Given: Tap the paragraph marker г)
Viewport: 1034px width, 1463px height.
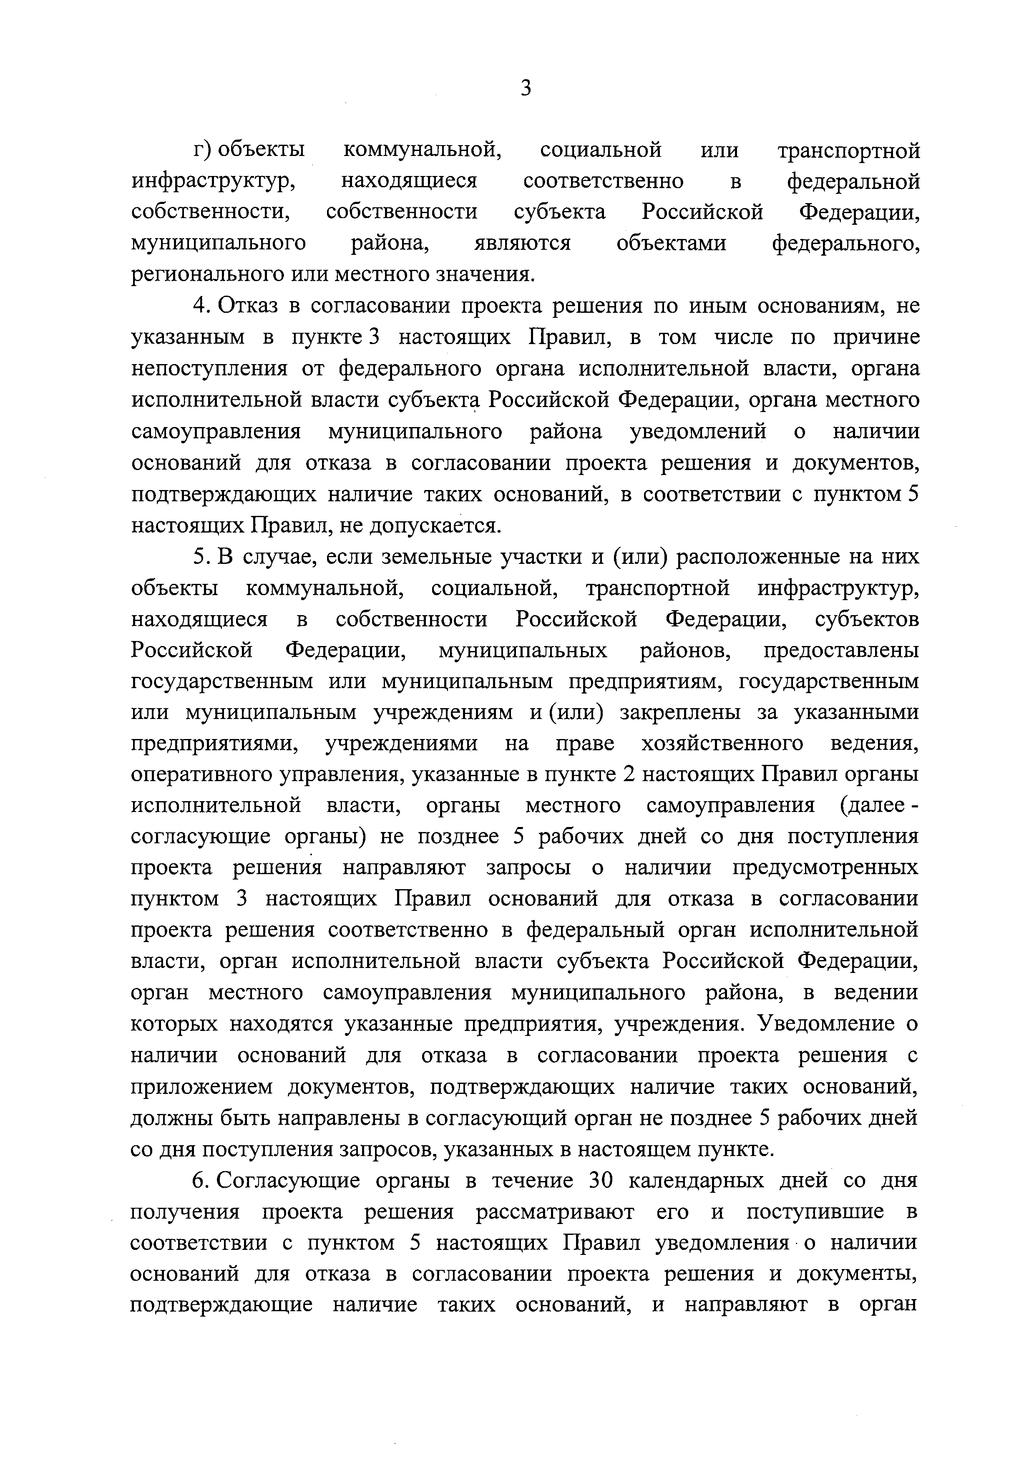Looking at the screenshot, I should (203, 151).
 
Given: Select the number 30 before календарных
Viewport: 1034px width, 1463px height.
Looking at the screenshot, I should (601, 1181).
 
